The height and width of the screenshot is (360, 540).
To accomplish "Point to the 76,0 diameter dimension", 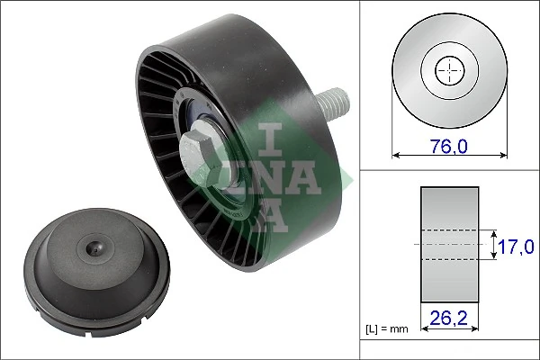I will tap(447, 139).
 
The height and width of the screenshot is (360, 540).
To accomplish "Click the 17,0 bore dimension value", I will tap(518, 244).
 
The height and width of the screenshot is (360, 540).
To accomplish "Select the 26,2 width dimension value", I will tap(448, 317).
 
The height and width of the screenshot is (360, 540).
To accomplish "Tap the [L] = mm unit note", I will tap(386, 329).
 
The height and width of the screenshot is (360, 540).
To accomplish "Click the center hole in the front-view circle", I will tap(447, 70).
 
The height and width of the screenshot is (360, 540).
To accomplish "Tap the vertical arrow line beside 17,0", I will tap(494, 244).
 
